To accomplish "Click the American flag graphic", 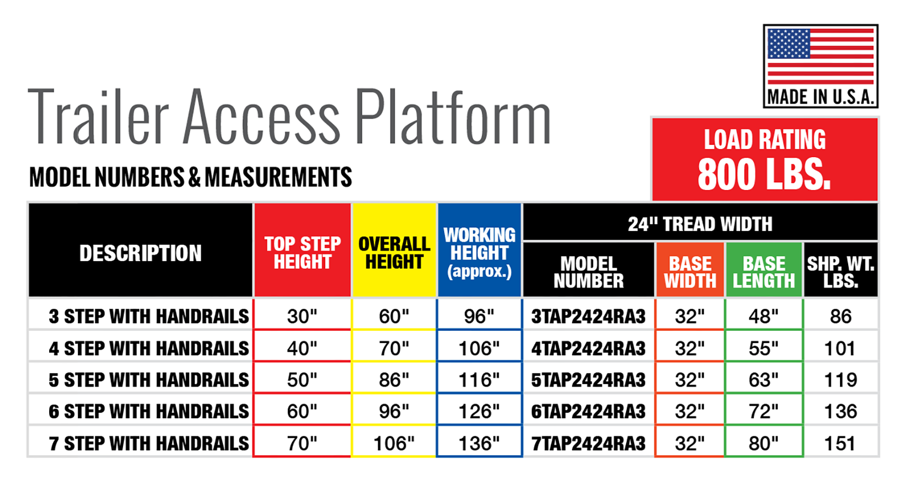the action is [x=821, y=56].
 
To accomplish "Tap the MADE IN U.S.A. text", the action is [x=821, y=97].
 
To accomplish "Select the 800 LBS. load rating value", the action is [x=764, y=174].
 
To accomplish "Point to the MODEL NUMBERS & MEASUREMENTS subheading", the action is [x=191, y=177].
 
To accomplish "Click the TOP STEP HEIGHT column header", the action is [x=302, y=252].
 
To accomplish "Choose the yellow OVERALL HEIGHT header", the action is [x=394, y=252].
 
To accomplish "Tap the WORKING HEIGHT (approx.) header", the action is [x=479, y=252].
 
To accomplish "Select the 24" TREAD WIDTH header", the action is [x=700, y=224].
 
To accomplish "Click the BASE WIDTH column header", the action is [x=690, y=272].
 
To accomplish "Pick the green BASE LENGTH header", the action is [x=764, y=272].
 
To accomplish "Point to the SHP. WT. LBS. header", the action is [x=841, y=272].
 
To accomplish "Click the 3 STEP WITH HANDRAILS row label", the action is [x=149, y=316].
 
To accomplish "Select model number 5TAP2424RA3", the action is [x=588, y=380].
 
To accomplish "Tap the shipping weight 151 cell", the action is [x=840, y=443].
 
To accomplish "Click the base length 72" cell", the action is [x=763, y=411].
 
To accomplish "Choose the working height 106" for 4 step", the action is [x=479, y=348].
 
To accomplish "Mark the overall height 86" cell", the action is [x=394, y=380].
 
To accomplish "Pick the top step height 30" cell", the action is [x=302, y=316].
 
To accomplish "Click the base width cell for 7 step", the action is [x=689, y=443].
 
